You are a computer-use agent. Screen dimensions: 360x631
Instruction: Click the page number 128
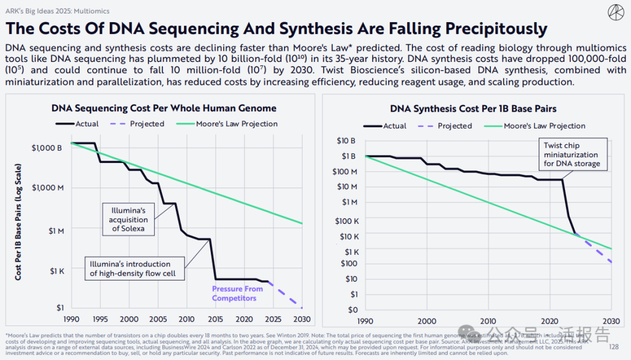coord(613,347)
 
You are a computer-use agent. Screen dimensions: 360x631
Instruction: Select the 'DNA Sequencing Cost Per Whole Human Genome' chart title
coord(164,108)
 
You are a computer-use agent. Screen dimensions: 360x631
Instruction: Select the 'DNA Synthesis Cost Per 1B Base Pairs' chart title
coord(473,109)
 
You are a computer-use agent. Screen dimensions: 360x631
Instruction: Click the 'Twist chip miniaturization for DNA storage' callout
coord(571,154)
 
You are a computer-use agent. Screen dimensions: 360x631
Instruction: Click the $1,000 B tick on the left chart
coord(47,148)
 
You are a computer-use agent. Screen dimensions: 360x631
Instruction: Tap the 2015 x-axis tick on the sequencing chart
coord(216,319)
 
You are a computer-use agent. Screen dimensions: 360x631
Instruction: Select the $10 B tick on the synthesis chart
coord(346,141)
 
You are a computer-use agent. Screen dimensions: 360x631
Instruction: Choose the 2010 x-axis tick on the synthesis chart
coord(488,321)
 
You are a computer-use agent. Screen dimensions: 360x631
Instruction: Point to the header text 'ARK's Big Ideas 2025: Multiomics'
coord(57,11)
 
